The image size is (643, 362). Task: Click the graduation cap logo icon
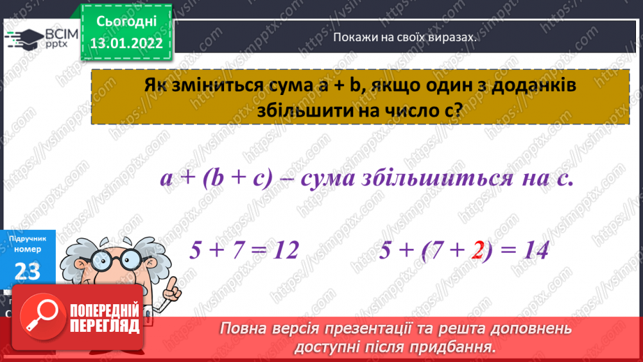23,38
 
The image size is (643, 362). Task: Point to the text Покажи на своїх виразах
404,38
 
